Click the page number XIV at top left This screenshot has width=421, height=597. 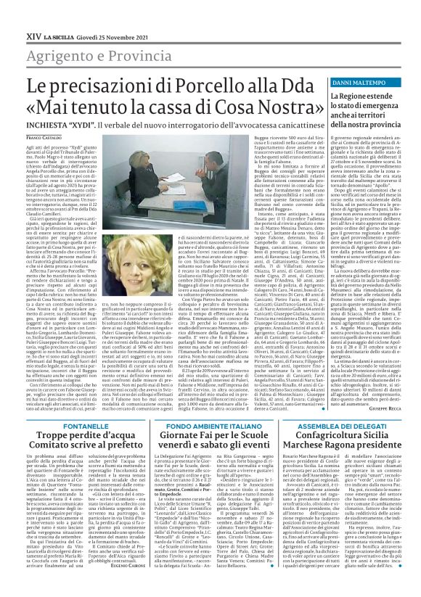pos(15,12)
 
